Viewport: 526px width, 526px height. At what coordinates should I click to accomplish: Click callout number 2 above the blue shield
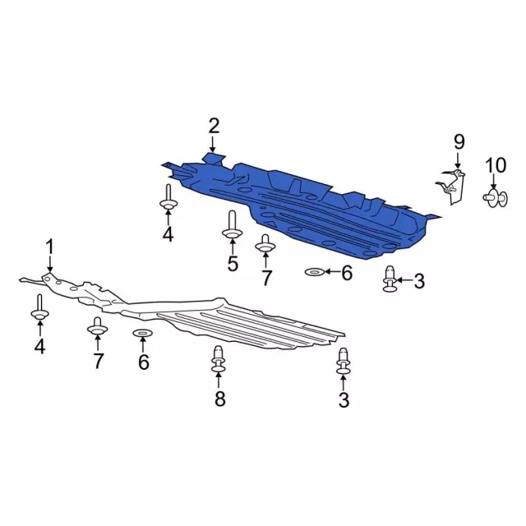(214, 126)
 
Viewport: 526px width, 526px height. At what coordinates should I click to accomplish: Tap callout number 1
(49, 246)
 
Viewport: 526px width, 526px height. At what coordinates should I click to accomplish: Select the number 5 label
(233, 264)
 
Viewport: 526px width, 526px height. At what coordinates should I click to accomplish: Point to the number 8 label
(219, 399)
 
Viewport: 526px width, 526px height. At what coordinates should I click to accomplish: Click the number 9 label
(459, 142)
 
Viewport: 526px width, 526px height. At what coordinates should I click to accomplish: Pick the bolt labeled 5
(232, 226)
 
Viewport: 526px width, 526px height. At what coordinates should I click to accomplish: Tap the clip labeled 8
(219, 360)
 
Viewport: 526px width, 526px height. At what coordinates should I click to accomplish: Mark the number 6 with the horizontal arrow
(346, 272)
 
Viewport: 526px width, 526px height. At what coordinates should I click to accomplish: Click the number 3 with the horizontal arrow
(419, 282)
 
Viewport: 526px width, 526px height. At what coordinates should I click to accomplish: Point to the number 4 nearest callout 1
(39, 347)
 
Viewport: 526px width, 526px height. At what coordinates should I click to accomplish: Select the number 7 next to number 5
(266, 278)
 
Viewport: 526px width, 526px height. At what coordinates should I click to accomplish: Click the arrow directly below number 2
(214, 144)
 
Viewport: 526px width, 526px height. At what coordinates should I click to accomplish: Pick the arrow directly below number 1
(49, 263)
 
